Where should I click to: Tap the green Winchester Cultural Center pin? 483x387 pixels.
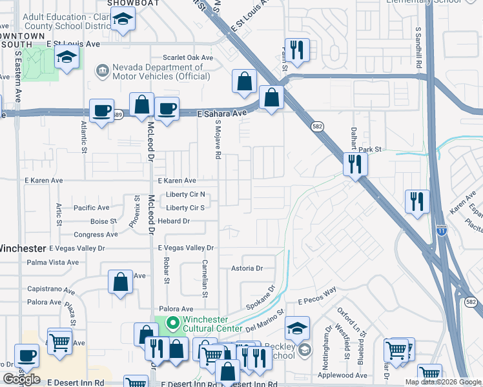172,322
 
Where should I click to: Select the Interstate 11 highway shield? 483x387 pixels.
442,230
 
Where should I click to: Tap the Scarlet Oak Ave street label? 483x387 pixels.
188,57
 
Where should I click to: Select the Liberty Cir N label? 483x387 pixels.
185,194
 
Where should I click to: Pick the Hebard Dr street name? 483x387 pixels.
177,221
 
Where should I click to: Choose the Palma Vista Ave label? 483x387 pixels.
53,263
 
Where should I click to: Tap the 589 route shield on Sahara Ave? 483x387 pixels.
117,115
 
